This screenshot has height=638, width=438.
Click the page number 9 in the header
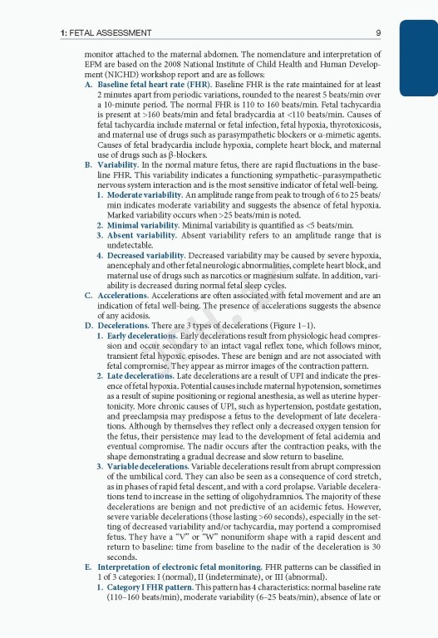click(x=378, y=33)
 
